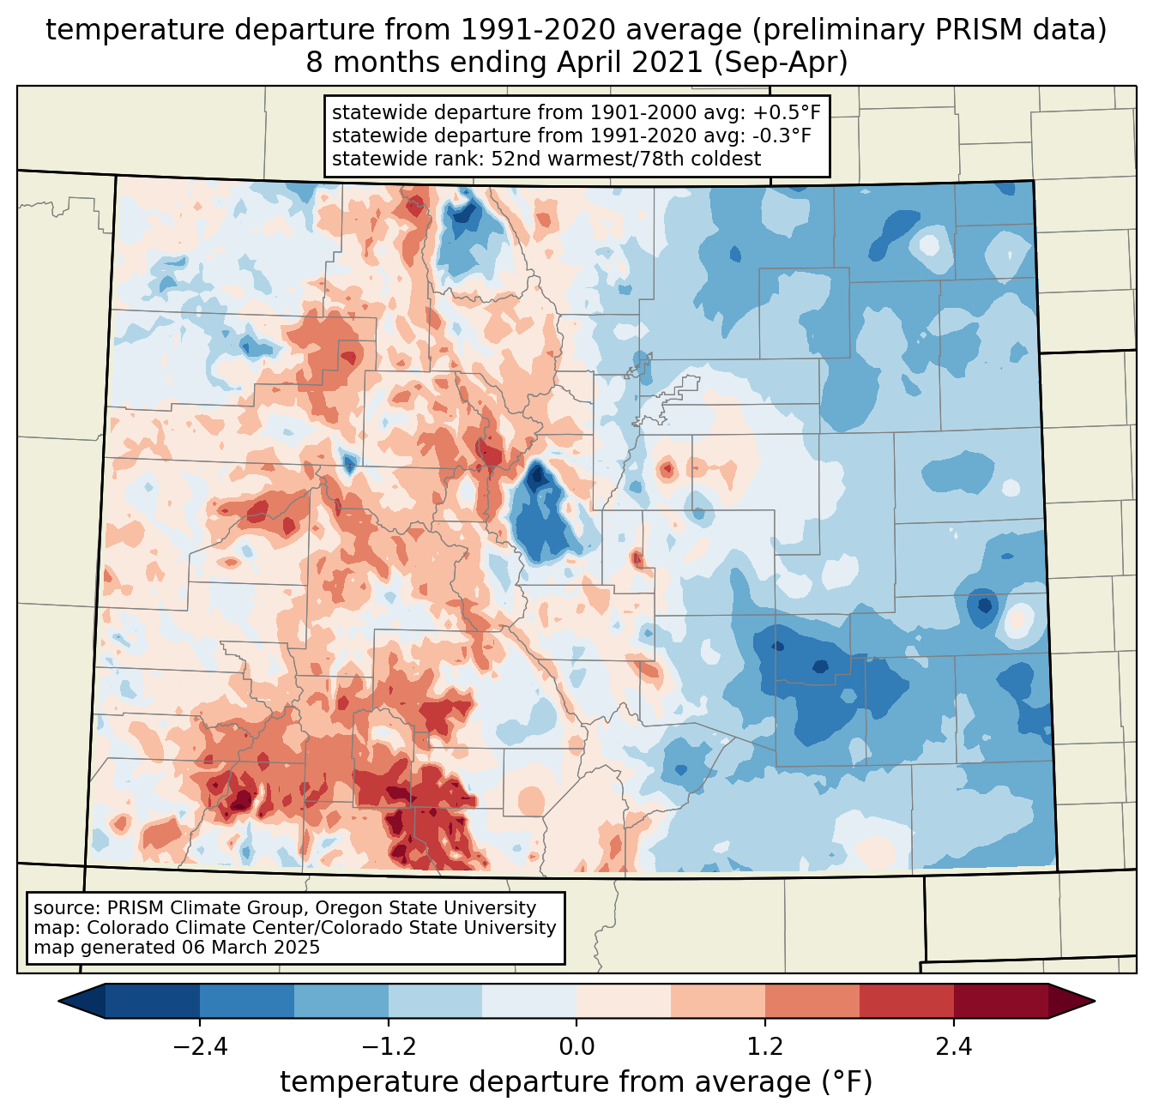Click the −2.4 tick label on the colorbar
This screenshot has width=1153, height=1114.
pos(199,1047)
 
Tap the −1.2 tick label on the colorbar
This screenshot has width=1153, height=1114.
pos(388,1047)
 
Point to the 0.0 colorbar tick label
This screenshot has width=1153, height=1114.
pos(576,1047)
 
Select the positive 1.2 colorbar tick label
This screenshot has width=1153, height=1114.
pos(765,1047)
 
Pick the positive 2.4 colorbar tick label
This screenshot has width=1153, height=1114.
pos(954,1047)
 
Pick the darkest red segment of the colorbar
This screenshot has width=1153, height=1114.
pos(1000,1001)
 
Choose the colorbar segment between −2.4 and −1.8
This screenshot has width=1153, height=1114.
pos(247,1001)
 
